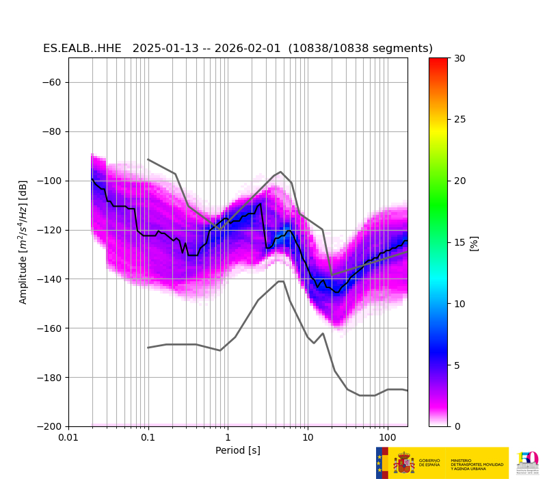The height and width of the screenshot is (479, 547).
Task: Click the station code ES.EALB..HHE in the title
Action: tap(82, 49)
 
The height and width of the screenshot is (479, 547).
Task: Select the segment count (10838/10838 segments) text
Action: tap(360, 49)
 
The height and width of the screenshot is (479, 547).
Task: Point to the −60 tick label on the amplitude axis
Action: tap(52, 82)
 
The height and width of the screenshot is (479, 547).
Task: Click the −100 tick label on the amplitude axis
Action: tap(49, 181)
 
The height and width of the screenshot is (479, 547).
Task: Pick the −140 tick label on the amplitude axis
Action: tap(49, 279)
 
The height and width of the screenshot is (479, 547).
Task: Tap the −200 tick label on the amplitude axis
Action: tap(49, 426)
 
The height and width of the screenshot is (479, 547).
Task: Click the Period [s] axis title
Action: tap(238, 450)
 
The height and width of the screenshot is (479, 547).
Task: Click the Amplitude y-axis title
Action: tap(23, 242)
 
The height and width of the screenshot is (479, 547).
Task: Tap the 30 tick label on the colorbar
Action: tap(459, 58)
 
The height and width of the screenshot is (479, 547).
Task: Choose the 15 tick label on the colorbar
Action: tap(459, 242)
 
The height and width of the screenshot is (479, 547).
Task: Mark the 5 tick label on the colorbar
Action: tap(457, 365)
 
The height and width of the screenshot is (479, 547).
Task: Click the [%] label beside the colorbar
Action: tap(475, 243)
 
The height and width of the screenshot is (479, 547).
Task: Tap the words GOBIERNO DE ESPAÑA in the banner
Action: tap(429, 463)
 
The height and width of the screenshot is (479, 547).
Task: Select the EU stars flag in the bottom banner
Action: tap(379, 463)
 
